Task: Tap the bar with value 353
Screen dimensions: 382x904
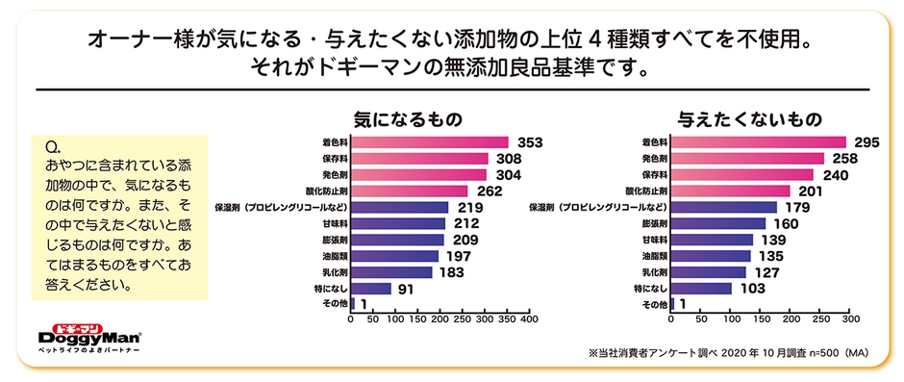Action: coord(431,142)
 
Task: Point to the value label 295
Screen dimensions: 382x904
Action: coord(867,142)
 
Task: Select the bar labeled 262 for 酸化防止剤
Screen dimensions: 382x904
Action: coord(411,191)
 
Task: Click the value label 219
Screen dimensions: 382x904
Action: coord(468,207)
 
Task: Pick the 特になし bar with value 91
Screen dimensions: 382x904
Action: coord(372,288)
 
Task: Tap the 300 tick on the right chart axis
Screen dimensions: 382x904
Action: coord(850,318)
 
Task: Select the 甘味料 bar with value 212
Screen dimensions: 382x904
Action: coord(398,223)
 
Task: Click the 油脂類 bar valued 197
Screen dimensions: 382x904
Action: coord(395,256)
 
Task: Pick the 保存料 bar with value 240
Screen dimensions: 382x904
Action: coord(741,175)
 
